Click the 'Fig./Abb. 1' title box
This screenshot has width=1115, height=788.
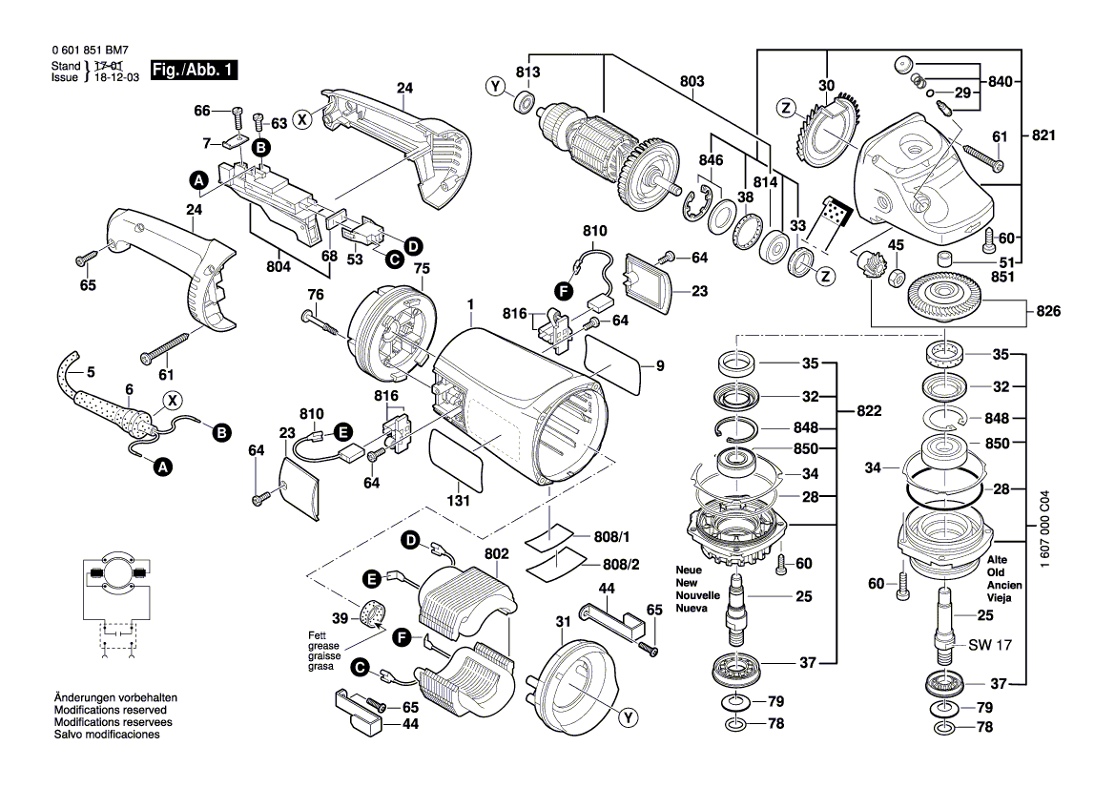194,70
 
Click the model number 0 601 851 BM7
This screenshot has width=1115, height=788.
90,51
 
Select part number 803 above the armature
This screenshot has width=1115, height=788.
692,81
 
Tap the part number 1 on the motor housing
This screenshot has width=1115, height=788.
470,304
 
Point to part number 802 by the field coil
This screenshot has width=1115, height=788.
496,553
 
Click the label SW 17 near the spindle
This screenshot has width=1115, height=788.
990,645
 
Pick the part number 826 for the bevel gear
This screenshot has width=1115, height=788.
1048,311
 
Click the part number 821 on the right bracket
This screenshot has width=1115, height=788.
1043,135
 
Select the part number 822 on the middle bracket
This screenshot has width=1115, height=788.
869,411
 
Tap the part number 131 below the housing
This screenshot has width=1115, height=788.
458,501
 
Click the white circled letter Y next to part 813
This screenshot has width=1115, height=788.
496,88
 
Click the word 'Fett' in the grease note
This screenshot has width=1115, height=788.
318,635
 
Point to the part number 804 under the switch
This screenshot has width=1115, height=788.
279,266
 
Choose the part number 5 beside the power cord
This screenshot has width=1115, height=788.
91,372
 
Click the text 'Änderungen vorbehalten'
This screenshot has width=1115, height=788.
116,697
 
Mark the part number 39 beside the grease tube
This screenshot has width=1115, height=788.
341,619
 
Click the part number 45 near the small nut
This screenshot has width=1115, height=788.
896,245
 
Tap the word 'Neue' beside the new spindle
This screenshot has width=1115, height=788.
689,570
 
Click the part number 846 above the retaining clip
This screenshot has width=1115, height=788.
711,160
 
